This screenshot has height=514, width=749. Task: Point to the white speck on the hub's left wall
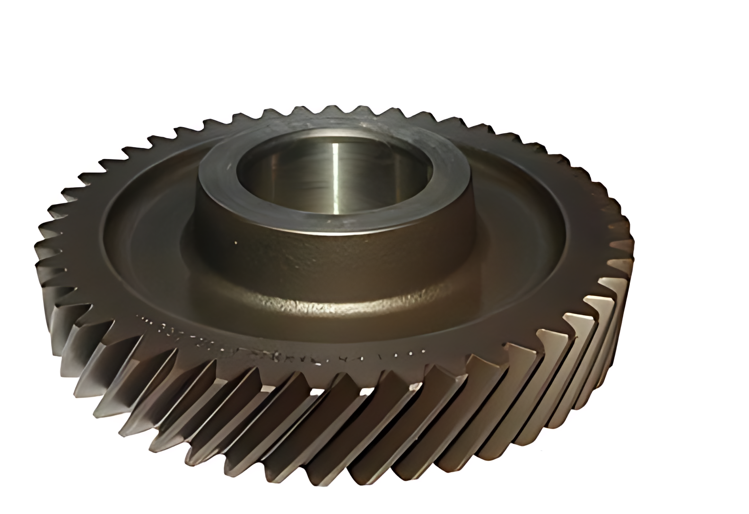click(x=236, y=243)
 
